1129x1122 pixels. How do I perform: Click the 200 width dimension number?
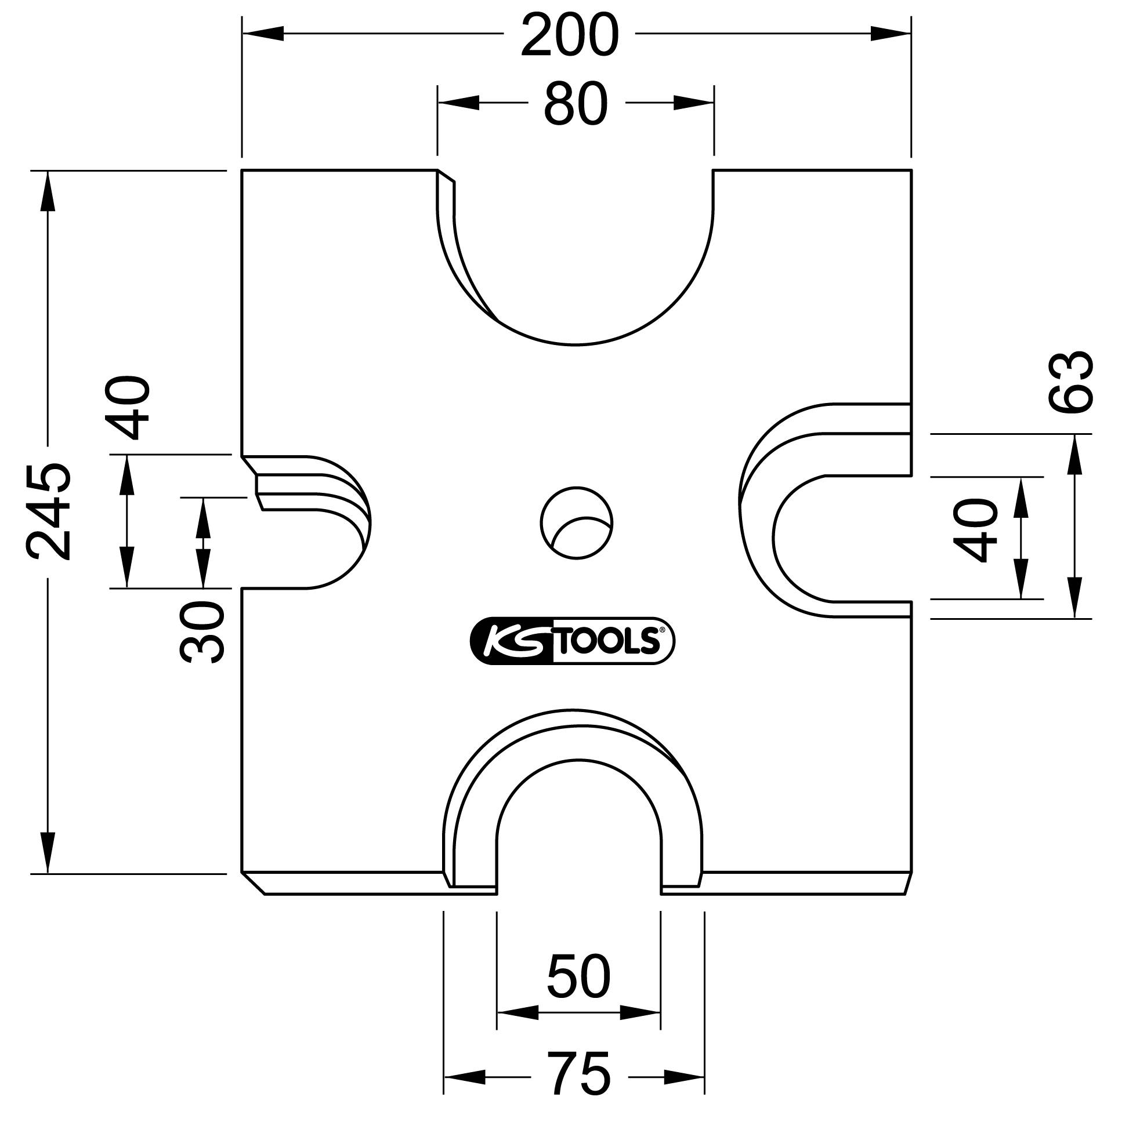pyautogui.click(x=569, y=37)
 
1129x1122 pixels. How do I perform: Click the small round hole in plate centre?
pyautogui.click(x=577, y=524)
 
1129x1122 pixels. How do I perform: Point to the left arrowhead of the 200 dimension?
pyautogui.click(x=263, y=33)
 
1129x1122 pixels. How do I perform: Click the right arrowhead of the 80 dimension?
pyautogui.click(x=693, y=103)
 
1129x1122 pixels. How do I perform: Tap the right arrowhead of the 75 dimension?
pyautogui.click(x=684, y=1076)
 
